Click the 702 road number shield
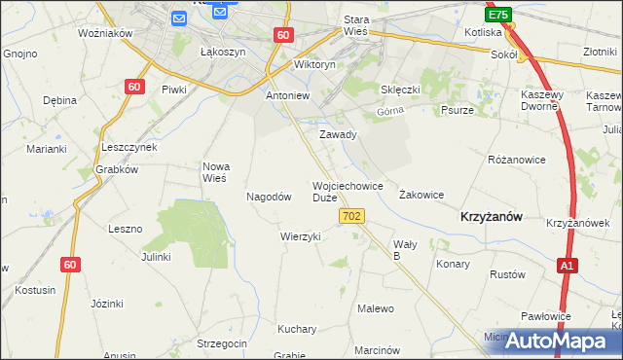(353, 216)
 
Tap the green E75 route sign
(499, 16)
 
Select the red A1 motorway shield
(568, 265)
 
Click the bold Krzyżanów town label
(493, 219)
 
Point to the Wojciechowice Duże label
(348, 191)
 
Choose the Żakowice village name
(421, 195)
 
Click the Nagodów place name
(270, 196)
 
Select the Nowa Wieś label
(214, 172)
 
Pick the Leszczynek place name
(129, 147)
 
